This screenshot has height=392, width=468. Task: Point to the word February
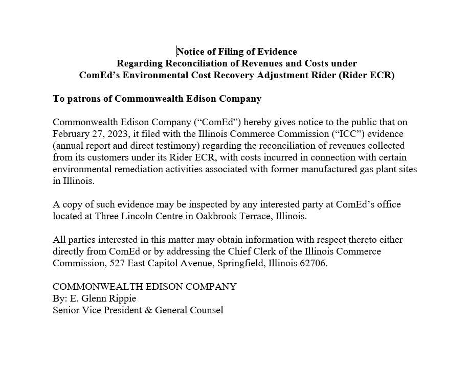coord(71,134)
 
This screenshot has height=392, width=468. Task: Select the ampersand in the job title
coord(148,310)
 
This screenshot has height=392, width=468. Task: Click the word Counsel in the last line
coord(207,310)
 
